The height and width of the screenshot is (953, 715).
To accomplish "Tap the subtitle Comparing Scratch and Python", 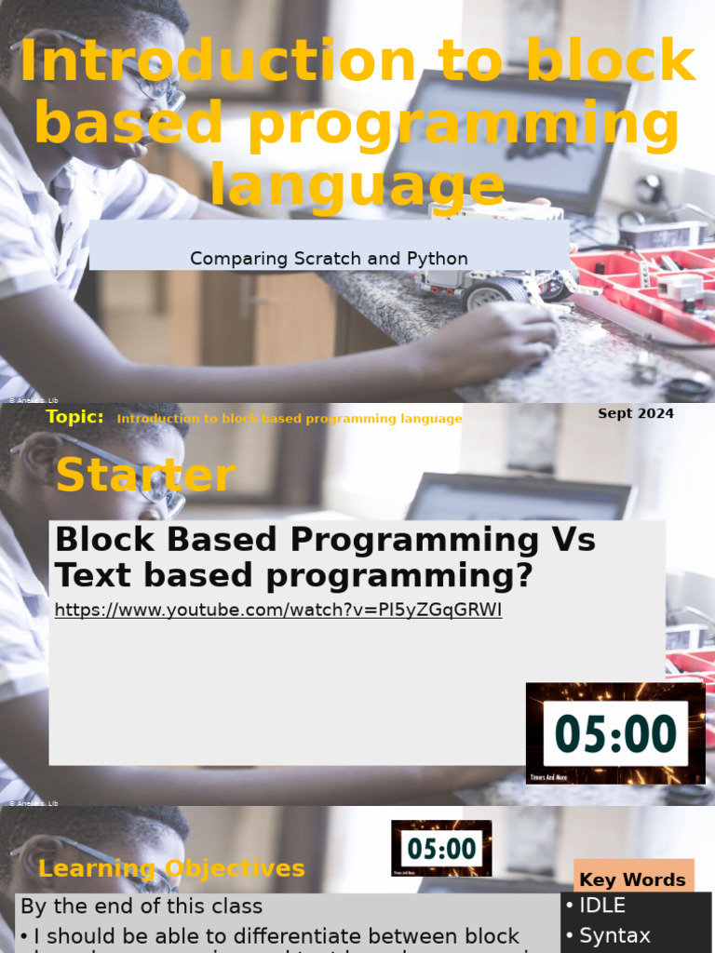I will (329, 258).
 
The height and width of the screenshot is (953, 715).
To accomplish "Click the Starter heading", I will (145, 476).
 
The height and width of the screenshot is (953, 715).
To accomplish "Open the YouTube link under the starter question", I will (278, 611).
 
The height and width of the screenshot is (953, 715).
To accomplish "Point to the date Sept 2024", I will (636, 413).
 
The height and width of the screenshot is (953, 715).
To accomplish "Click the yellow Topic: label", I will (74, 417).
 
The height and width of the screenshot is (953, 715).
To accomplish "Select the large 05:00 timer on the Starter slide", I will (615, 733).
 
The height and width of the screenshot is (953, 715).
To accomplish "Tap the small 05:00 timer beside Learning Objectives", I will (441, 848).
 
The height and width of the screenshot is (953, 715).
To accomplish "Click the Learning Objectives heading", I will (171, 868).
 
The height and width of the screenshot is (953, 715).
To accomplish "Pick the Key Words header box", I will (632, 879).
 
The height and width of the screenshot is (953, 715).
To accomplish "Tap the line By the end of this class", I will (142, 906).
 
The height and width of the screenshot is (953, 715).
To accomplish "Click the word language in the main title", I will (357, 183).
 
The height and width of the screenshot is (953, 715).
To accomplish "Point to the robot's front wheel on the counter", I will (486, 295).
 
